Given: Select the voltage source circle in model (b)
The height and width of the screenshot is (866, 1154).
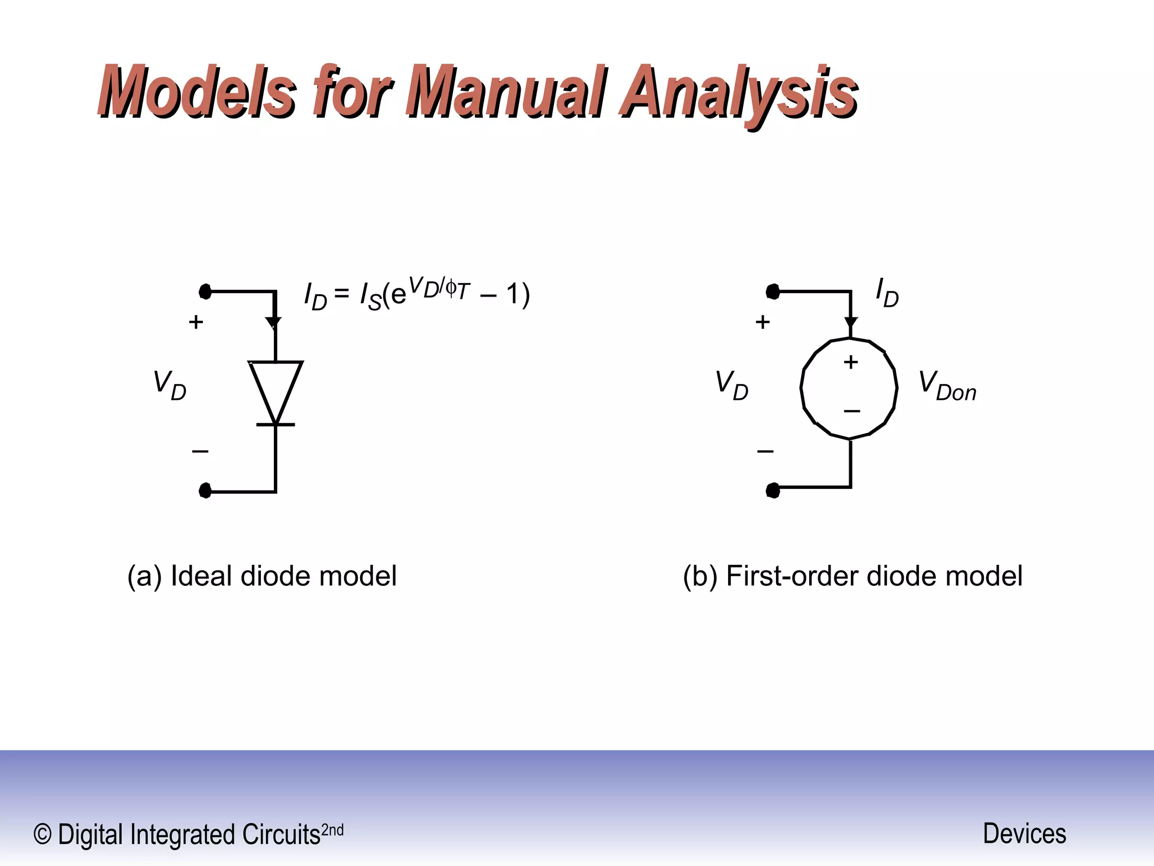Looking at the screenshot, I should (849, 388).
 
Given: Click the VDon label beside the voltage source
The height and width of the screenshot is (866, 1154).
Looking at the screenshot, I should (947, 386).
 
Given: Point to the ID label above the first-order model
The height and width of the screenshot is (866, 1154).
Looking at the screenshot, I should (887, 293).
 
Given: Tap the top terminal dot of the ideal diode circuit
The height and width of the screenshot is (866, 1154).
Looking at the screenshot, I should (205, 291).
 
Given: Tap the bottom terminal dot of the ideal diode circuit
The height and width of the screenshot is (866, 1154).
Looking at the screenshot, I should (205, 491).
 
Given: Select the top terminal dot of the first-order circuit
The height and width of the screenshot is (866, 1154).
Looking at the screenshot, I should (773, 291).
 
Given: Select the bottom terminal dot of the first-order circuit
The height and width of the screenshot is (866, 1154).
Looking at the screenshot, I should (773, 491).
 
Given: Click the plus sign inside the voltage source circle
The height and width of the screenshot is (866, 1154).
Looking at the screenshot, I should (851, 361).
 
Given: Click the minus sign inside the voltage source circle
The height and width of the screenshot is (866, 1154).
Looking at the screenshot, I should (851, 411).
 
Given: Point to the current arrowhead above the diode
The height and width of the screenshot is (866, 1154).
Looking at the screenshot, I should (274, 323).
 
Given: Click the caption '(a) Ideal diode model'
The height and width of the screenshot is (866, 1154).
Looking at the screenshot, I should (262, 576).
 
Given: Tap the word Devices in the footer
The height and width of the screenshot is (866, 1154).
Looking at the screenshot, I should (1024, 833).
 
